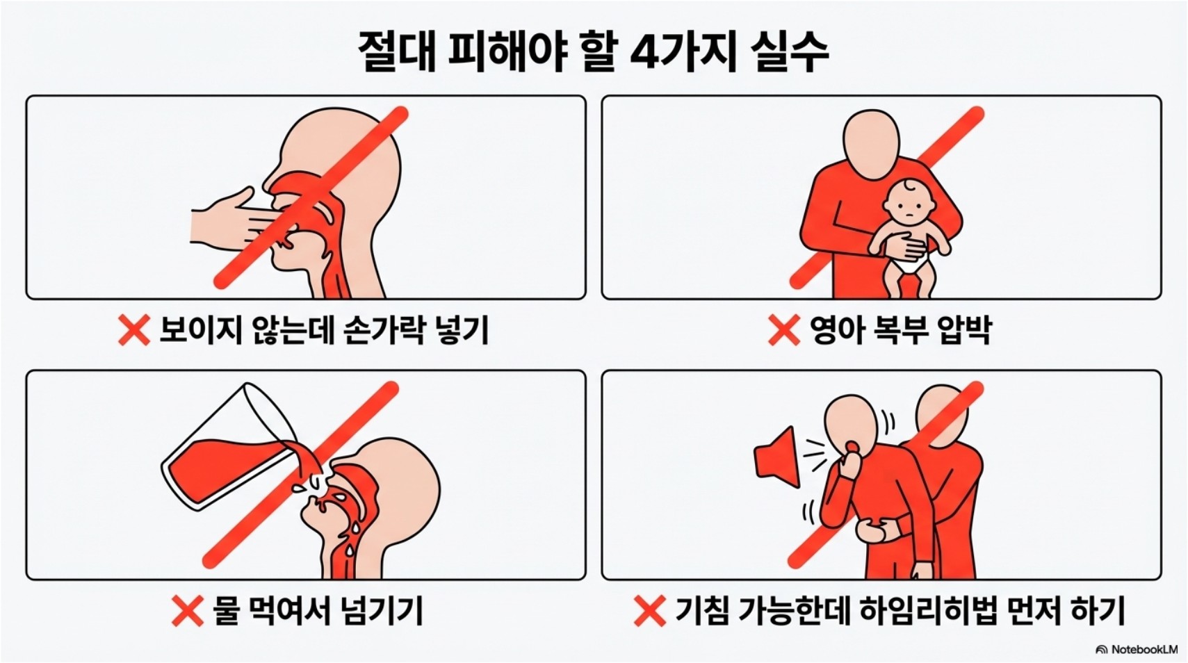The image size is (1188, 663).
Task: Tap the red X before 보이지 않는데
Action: (134, 330)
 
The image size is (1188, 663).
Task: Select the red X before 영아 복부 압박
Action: (784, 330)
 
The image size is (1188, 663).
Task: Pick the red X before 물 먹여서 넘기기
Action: (188, 610)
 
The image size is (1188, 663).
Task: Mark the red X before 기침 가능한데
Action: (650, 610)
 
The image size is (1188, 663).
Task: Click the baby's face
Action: (909, 206)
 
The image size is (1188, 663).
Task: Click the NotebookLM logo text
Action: (1144, 649)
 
